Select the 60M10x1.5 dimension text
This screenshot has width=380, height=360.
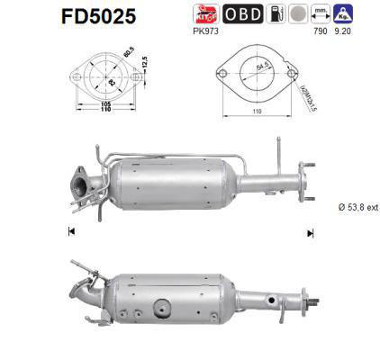(x=309, y=90)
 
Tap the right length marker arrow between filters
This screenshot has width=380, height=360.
(x=311, y=232)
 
